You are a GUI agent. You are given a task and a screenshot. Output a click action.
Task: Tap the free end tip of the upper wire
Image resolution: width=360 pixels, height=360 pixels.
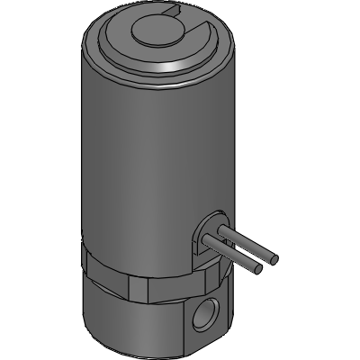(x=273, y=259)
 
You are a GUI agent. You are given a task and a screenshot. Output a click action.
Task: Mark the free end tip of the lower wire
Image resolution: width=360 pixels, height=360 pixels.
(x=261, y=269)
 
